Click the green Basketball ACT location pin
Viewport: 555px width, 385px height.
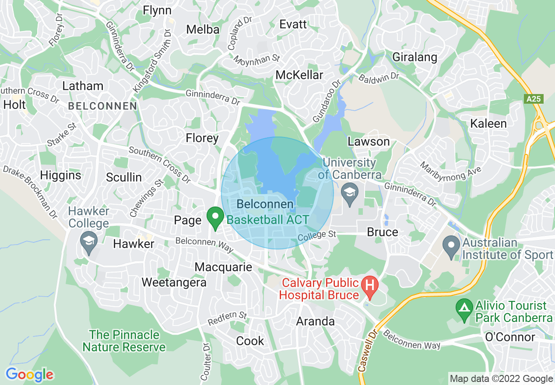[215, 217]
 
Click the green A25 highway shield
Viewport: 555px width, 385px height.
[534, 99]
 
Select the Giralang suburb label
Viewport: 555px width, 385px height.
[414, 57]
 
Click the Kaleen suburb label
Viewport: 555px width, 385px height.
[488, 123]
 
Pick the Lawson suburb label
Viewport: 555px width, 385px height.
[368, 141]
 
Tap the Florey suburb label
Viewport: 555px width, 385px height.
[202, 138]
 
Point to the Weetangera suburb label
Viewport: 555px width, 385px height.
[174, 282]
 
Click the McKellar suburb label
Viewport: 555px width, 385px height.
[299, 75]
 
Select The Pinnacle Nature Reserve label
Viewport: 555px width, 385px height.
[124, 341]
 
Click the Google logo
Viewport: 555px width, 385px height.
[29, 374]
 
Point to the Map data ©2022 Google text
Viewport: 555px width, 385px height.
[501, 379]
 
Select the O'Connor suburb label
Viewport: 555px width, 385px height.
[509, 337]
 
